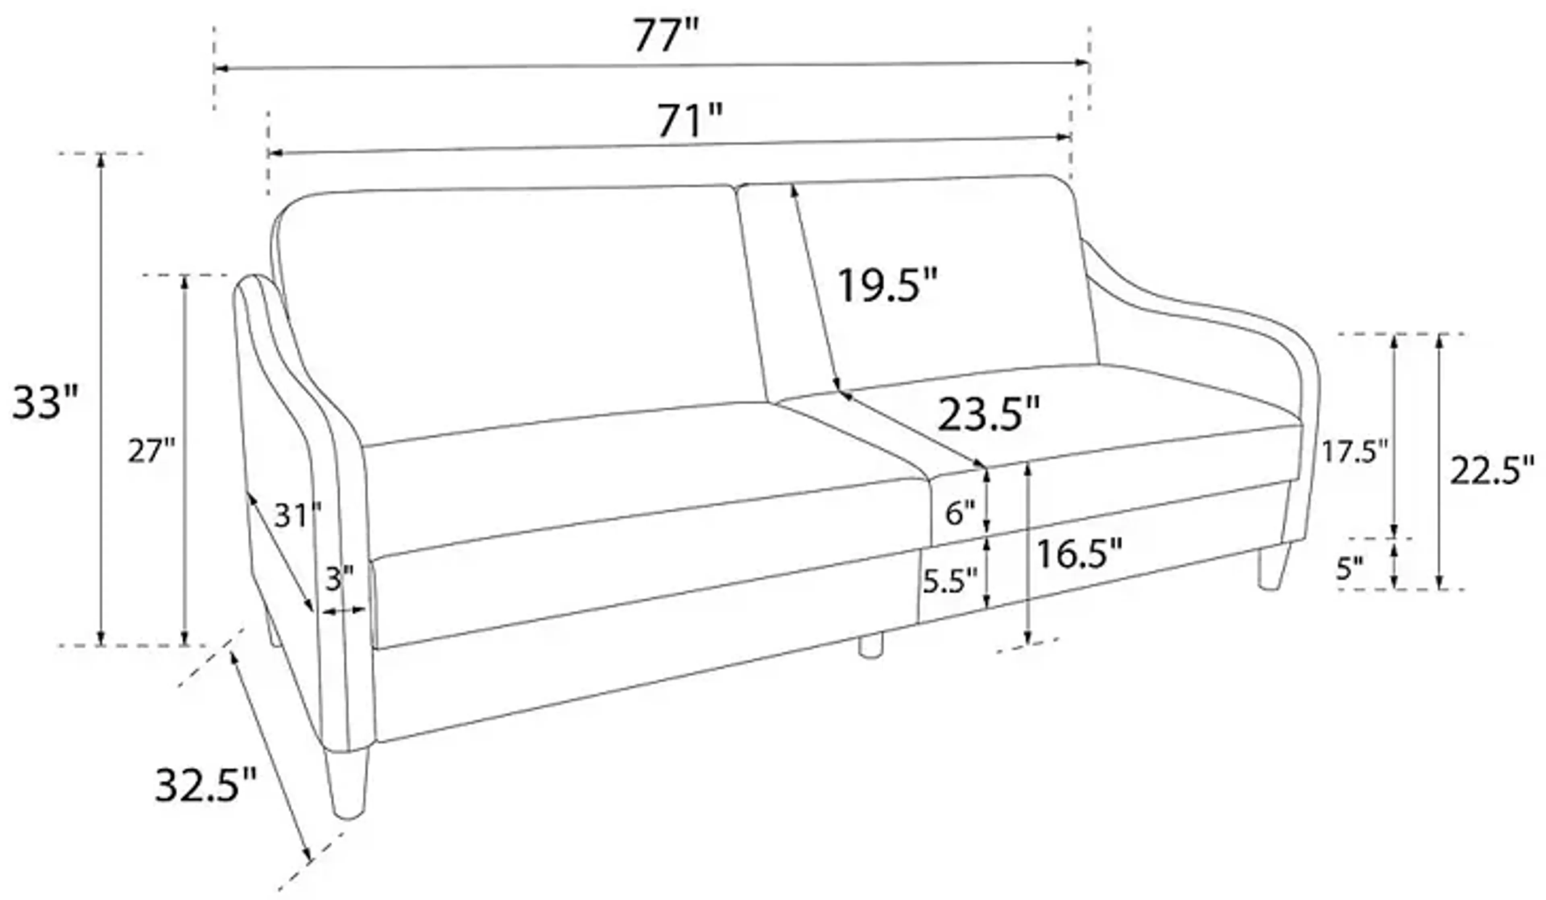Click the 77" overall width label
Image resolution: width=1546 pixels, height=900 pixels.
(x=666, y=35)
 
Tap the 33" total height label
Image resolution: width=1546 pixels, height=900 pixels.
(x=45, y=403)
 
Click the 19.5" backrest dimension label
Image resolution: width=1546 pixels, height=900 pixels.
(x=887, y=286)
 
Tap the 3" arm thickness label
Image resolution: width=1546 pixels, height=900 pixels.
(x=339, y=578)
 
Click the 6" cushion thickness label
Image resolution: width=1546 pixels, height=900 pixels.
(x=959, y=513)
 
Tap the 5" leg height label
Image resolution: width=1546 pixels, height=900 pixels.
(x=1350, y=569)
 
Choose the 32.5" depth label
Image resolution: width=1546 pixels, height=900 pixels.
(x=205, y=786)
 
